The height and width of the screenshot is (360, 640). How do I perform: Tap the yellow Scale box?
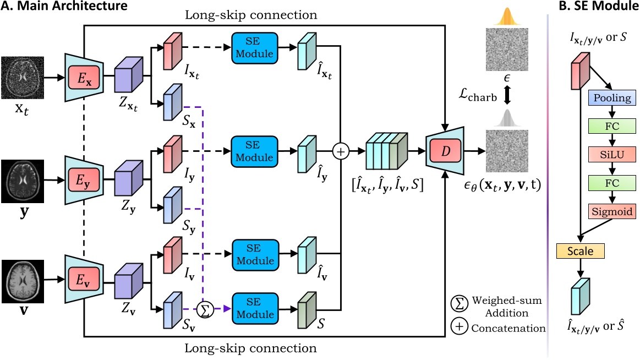[581, 251]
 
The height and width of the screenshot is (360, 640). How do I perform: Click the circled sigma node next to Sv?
[205, 310]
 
